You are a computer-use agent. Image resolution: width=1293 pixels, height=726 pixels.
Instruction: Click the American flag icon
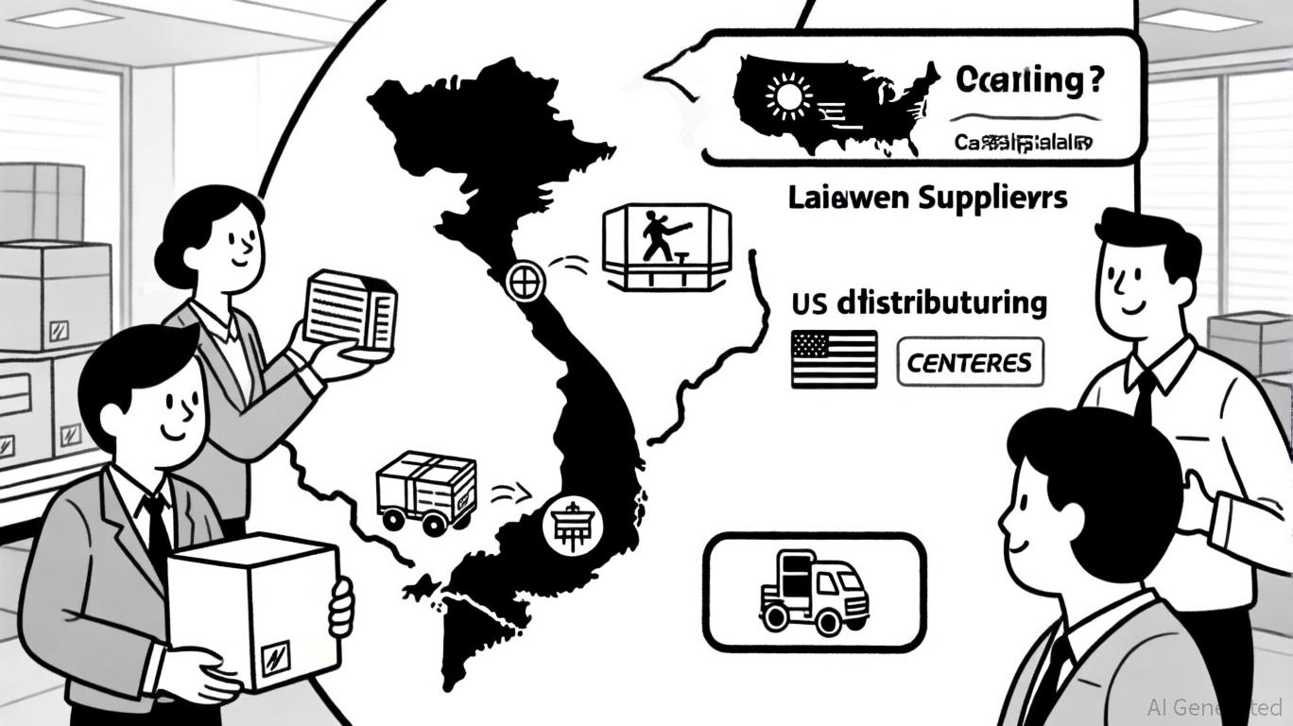click(x=834, y=359)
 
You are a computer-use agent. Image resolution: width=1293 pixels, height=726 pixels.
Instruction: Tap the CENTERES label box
click(x=970, y=363)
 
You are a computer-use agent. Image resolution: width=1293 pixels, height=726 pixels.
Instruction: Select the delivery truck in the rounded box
click(x=814, y=592)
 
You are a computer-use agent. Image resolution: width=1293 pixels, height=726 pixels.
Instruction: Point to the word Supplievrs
click(x=994, y=198)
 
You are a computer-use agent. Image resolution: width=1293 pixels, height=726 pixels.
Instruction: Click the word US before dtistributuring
click(x=810, y=304)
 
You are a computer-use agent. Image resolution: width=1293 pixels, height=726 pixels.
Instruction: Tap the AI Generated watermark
click(x=1215, y=707)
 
